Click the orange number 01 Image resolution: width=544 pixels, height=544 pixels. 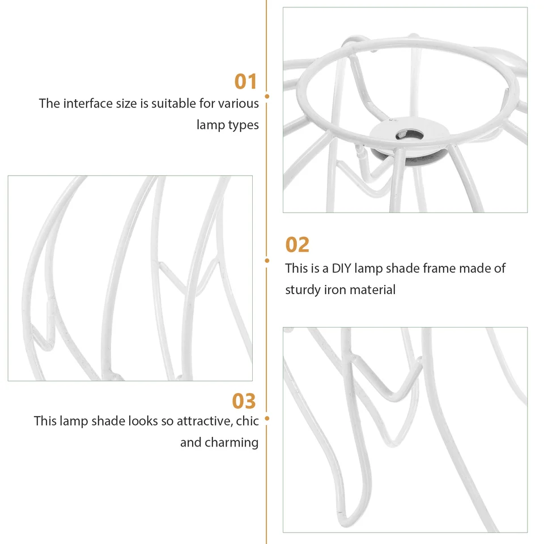pos(245,82)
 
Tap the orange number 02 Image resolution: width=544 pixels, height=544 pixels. pos(297,245)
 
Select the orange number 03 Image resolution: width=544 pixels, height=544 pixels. pos(244,401)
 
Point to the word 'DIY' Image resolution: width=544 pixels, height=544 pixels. pos(341,268)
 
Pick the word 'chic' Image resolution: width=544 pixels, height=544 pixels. pos(248,421)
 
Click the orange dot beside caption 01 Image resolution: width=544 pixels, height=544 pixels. pos(267,96)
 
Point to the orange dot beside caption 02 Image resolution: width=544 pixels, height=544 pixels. pos(267,261)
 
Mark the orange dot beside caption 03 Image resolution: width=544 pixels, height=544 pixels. pos(267,418)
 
